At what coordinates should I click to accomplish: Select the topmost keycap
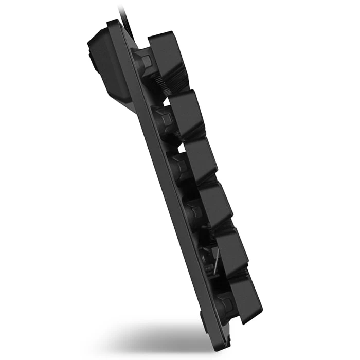click(x=168, y=57)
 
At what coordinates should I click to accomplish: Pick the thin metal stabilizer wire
click(x=215, y=262)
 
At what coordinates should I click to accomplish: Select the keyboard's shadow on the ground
click(x=154, y=337)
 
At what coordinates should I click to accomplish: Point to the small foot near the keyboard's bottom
click(x=203, y=321)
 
